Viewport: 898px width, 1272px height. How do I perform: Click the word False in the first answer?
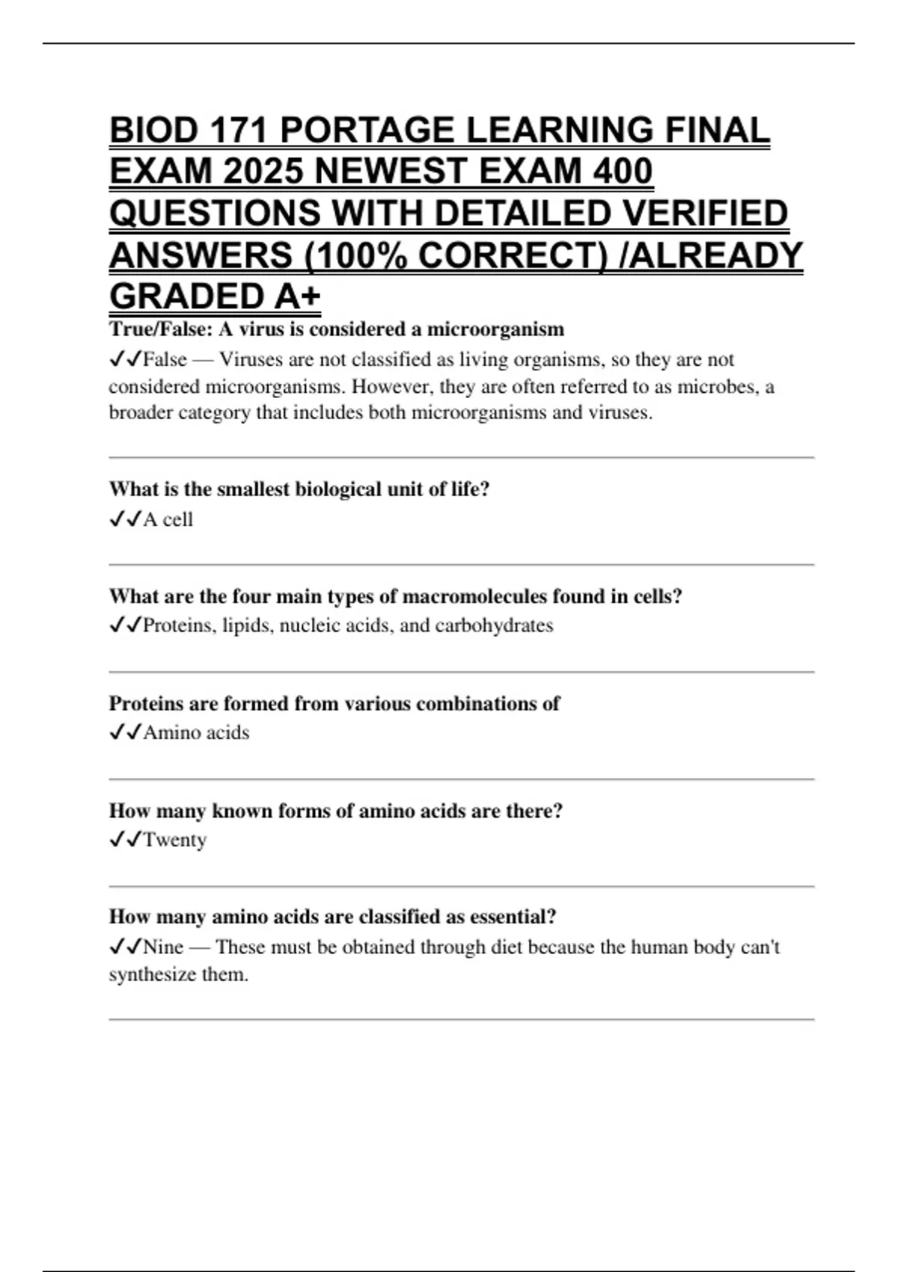pos(165,360)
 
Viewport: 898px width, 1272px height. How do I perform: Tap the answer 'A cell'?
pos(168,519)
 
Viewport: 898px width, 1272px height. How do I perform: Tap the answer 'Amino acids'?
pos(196,733)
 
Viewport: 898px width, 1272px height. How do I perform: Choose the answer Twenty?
pos(174,840)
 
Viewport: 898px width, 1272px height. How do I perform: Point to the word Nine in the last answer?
pos(163,947)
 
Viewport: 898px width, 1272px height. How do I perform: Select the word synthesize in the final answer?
pos(152,975)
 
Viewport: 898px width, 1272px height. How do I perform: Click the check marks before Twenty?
pos(125,840)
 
